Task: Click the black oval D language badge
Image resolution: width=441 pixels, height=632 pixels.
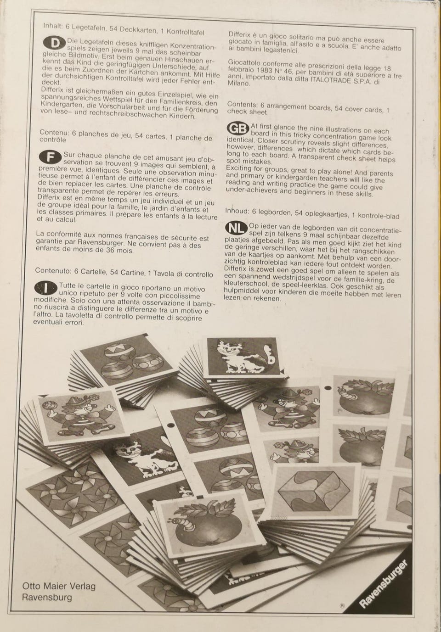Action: [x=55, y=43]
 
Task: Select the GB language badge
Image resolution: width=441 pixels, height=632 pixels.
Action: [x=238, y=129]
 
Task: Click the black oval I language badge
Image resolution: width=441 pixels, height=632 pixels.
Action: [x=45, y=288]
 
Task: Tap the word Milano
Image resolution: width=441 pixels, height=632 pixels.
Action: [x=238, y=84]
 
